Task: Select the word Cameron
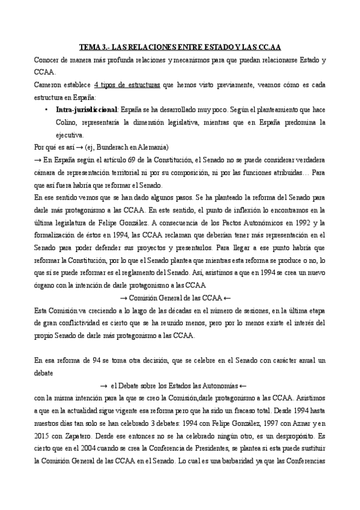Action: [x=50, y=86]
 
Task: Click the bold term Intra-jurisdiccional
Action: [x=86, y=111]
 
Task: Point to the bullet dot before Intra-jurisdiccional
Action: [x=47, y=111]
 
